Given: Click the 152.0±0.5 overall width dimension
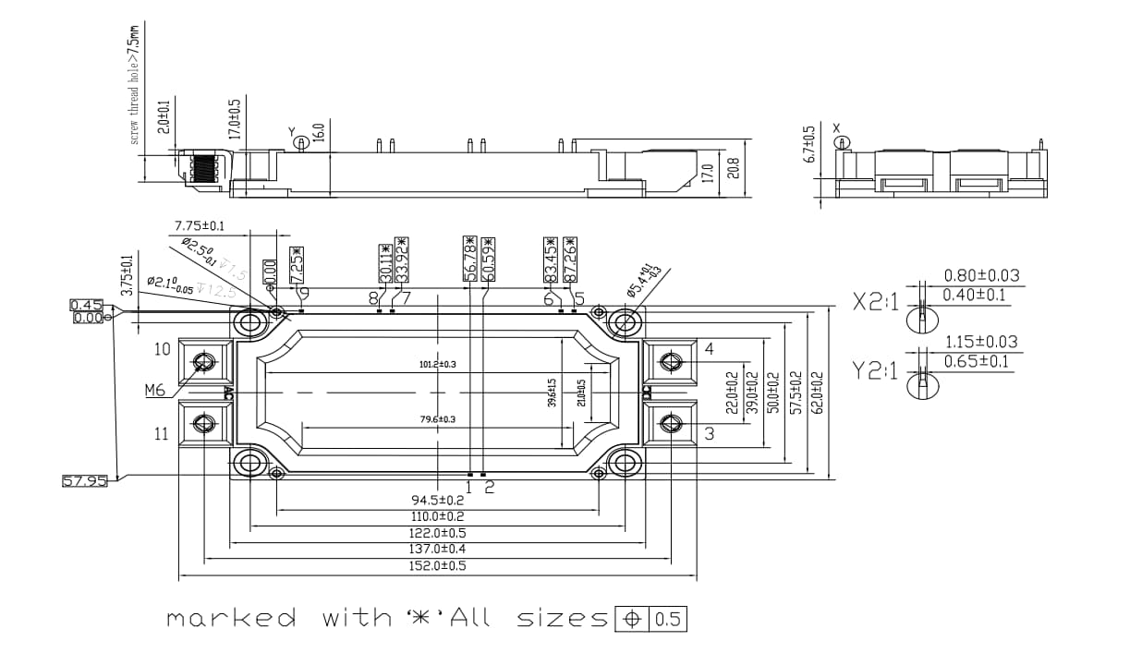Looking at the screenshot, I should (x=438, y=565).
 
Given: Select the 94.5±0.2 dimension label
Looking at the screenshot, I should (x=438, y=500).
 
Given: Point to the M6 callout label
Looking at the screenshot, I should (x=154, y=391).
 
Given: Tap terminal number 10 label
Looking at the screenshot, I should (x=162, y=349).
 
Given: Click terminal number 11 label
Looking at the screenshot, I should (x=162, y=433).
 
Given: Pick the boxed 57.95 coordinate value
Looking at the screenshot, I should (x=84, y=481).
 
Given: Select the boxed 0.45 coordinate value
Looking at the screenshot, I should (x=86, y=305).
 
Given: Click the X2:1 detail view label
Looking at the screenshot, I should (x=874, y=303).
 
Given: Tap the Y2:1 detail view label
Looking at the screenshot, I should (x=874, y=370).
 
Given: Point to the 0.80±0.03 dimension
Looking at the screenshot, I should (x=981, y=275).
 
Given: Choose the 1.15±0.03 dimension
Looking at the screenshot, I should (x=981, y=342).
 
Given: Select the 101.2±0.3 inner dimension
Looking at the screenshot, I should (x=438, y=364).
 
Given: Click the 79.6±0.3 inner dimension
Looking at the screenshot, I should (x=438, y=419).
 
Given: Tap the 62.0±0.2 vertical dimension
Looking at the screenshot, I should (x=817, y=393).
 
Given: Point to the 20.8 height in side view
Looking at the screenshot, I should (x=735, y=171).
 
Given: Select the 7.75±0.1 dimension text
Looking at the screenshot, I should (x=200, y=225).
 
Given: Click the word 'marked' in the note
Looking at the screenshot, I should (x=232, y=618).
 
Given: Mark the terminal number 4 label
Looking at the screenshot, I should (x=709, y=349).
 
